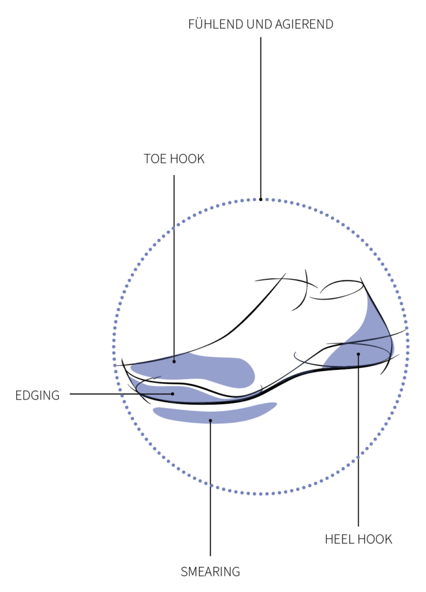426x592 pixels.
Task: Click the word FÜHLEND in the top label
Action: point(216,24)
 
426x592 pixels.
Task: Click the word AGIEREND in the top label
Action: point(304,24)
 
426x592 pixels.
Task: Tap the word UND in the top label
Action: point(259,24)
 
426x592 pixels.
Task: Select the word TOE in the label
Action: point(155,158)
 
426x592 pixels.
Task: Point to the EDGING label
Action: point(38,395)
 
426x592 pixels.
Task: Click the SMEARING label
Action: point(210,572)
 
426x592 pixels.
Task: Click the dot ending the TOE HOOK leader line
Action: point(174,361)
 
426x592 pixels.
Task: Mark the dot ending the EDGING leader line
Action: point(173,394)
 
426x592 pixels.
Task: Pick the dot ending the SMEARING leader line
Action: point(210,420)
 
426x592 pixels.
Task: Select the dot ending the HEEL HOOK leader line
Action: point(358,354)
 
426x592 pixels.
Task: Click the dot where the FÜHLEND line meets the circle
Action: point(260,199)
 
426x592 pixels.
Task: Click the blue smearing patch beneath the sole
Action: point(214,413)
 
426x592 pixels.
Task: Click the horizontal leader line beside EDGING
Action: point(121,394)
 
